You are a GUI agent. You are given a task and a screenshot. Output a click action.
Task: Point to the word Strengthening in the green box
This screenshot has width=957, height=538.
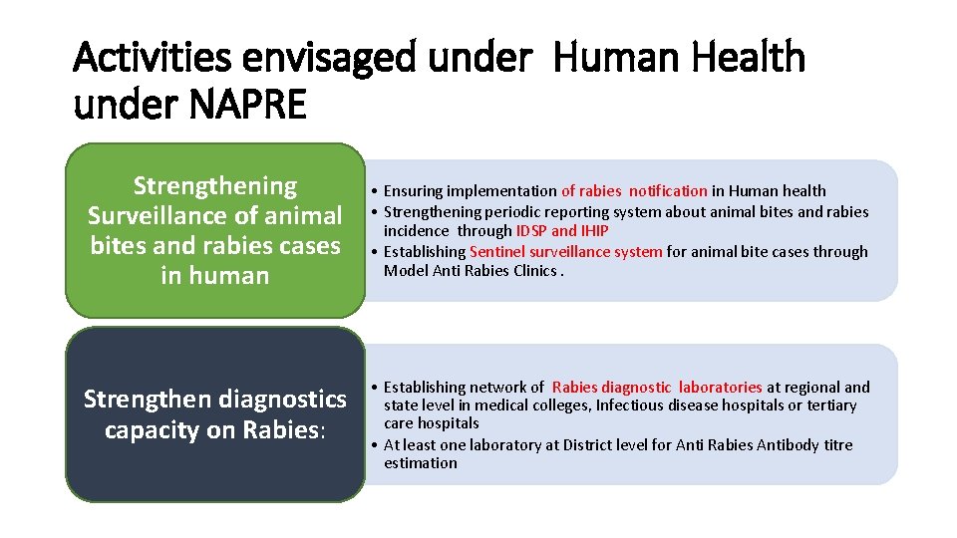(x=214, y=186)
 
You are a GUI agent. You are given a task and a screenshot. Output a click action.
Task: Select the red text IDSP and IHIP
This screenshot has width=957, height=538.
(x=562, y=231)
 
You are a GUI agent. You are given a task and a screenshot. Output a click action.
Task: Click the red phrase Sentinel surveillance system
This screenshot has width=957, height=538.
(x=565, y=252)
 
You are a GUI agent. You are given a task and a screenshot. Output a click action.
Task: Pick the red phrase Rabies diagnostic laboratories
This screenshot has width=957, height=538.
(x=657, y=387)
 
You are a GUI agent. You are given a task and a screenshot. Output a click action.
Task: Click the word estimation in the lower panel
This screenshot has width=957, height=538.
(x=421, y=463)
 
